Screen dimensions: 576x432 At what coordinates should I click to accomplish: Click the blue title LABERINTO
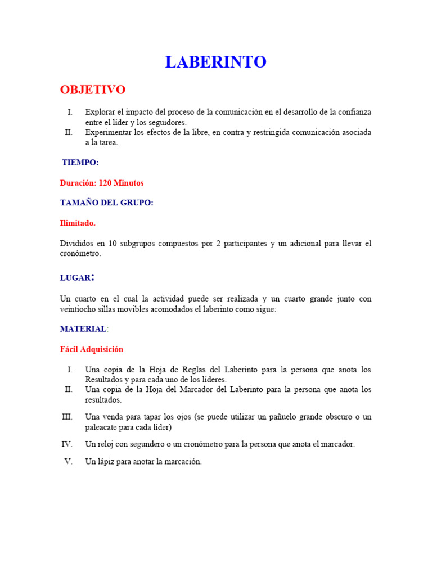[215, 62]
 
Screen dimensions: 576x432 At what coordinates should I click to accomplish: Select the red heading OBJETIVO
[93, 90]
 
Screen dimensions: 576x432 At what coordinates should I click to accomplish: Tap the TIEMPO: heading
[80, 163]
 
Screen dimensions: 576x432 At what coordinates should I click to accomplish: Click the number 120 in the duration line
[106, 183]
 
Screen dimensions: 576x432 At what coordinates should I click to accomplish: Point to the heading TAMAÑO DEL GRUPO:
[106, 203]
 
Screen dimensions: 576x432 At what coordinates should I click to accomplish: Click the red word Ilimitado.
[78, 223]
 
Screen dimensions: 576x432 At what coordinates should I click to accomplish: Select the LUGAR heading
[75, 278]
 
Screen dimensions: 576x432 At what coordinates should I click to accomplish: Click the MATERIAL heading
[83, 329]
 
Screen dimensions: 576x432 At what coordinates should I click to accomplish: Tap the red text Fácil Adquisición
[91, 349]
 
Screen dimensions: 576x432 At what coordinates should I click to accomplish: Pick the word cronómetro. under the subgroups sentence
[80, 254]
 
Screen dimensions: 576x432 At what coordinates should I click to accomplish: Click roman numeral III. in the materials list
[67, 417]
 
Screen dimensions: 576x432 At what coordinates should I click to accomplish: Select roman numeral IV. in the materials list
[67, 444]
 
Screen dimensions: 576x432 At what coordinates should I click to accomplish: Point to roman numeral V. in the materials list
[69, 462]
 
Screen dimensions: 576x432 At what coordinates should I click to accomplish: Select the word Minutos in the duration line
[130, 183]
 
